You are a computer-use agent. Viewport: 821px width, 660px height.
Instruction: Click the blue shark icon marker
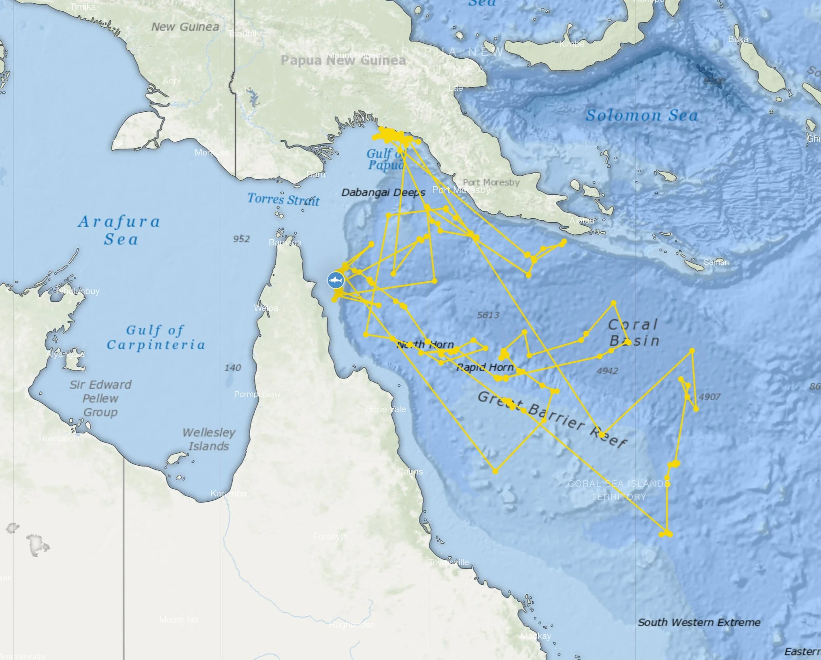(x=336, y=280)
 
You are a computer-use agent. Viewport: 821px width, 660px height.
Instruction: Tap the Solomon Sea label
(x=642, y=115)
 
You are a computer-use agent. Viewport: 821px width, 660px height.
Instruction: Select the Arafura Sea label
(x=119, y=230)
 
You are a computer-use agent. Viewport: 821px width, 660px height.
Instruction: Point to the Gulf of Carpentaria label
(x=155, y=337)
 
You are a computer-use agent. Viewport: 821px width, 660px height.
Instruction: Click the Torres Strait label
(x=283, y=199)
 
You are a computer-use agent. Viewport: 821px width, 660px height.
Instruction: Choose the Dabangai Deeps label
(x=383, y=192)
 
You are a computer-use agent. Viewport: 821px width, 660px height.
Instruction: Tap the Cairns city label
(x=410, y=472)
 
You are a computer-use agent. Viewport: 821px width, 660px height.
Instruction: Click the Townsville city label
(x=449, y=562)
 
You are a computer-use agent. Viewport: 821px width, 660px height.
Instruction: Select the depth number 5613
(x=488, y=315)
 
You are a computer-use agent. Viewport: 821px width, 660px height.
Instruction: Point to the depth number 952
(x=241, y=239)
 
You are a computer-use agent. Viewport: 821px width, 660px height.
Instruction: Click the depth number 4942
(x=607, y=371)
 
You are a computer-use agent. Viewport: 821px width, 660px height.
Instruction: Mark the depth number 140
(x=233, y=368)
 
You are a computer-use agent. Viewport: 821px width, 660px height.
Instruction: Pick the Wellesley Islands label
(x=209, y=439)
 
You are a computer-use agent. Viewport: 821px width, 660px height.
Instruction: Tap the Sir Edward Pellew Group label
(x=100, y=398)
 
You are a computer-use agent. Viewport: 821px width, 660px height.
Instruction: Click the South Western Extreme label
(x=699, y=622)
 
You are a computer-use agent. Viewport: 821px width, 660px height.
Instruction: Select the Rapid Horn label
(x=485, y=367)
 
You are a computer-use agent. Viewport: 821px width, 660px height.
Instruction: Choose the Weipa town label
(x=266, y=308)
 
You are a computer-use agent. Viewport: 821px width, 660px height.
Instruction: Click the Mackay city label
(x=536, y=636)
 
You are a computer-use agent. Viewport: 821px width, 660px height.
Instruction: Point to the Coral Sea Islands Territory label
(x=619, y=490)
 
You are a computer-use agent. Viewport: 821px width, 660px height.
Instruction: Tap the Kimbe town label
(x=572, y=44)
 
